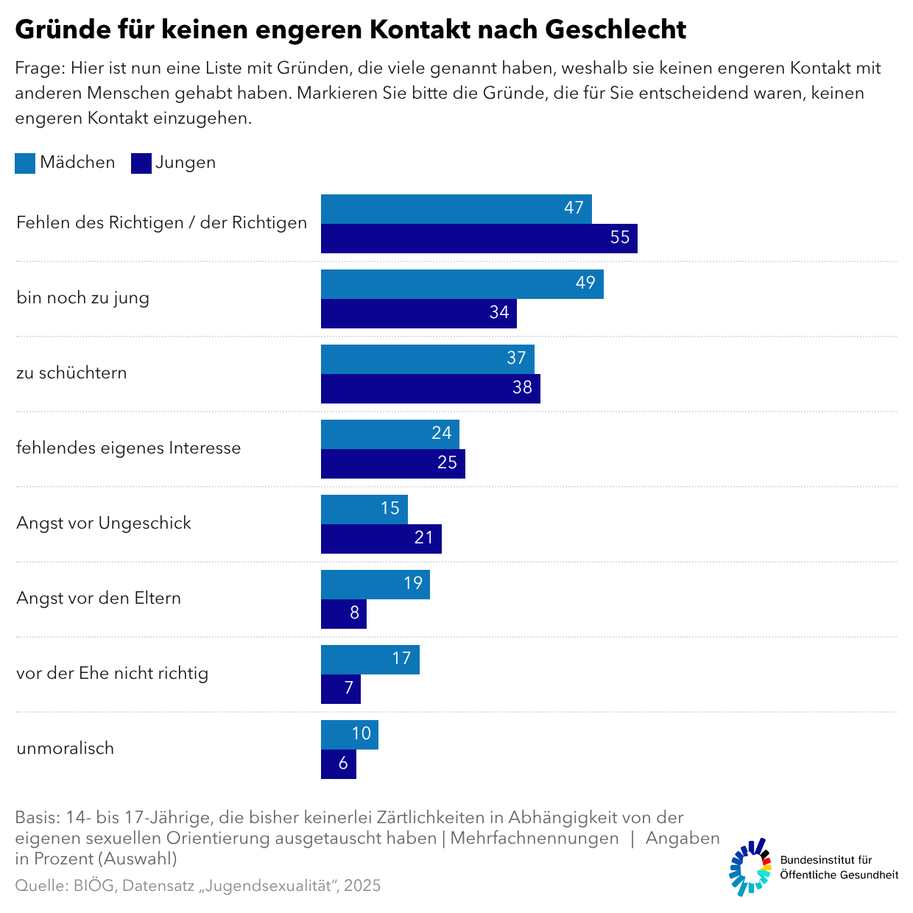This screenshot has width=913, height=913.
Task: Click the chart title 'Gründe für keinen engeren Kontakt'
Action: click(350, 29)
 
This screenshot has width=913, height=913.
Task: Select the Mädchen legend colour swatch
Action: click(25, 163)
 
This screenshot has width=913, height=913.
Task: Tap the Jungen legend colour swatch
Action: click(141, 163)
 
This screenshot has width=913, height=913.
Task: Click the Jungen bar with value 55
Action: click(479, 239)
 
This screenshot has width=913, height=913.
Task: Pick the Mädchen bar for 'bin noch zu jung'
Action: click(462, 284)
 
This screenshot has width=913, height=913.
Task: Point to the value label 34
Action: click(499, 312)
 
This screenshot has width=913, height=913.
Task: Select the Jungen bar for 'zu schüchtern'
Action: click(430, 389)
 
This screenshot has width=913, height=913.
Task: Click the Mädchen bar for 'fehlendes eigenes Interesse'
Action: click(389, 434)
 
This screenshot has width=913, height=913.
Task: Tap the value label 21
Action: click(424, 537)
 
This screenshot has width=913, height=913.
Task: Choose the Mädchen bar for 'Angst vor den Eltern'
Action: click(375, 585)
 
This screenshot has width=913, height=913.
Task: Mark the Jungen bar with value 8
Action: click(343, 614)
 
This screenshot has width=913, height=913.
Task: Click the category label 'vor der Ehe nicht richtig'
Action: click(112, 673)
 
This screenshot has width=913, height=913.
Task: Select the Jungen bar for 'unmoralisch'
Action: click(338, 764)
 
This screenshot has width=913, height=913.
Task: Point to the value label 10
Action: click(362, 733)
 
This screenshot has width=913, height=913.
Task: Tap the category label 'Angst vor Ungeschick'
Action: click(104, 523)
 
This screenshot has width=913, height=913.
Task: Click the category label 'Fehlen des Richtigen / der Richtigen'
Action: click(161, 222)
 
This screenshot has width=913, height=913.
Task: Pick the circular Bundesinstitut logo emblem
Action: click(750, 867)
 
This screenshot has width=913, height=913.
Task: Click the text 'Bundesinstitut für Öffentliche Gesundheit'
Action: click(839, 867)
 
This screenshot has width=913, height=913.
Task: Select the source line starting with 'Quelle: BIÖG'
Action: click(197, 885)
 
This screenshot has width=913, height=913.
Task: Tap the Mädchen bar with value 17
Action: click(370, 660)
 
